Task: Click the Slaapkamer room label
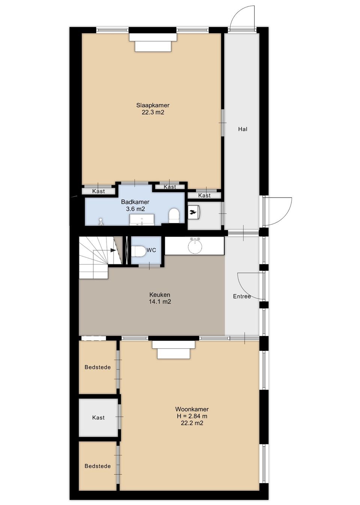pyautogui.click(x=153, y=105)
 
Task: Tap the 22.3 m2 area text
pyautogui.click(x=153, y=112)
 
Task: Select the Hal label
pyautogui.click(x=243, y=129)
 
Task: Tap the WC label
pyautogui.click(x=151, y=250)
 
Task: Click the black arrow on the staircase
pyautogui.click(x=113, y=250)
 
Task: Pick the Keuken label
pyautogui.click(x=160, y=295)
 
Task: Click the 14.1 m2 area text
pyautogui.click(x=160, y=302)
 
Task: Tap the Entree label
pyautogui.click(x=242, y=296)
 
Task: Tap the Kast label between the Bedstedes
pyautogui.click(x=98, y=418)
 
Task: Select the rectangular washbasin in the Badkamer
pyautogui.click(x=142, y=220)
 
